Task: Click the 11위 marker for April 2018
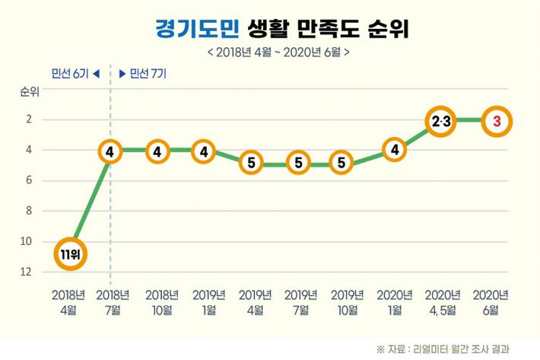[x=69, y=254]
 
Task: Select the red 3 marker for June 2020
[x=496, y=120]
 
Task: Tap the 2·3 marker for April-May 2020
[x=441, y=120]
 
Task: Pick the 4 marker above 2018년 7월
[x=110, y=151]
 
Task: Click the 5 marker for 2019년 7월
[x=299, y=163]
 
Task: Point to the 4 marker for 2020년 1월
[x=394, y=150]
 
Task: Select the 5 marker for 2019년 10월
[x=341, y=163]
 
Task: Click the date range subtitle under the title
[x=278, y=53]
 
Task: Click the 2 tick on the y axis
[x=28, y=119]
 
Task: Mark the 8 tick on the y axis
[x=28, y=211]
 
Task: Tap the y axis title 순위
[x=28, y=93]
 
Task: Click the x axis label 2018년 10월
[x=161, y=301]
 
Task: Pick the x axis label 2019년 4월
[x=255, y=301]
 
